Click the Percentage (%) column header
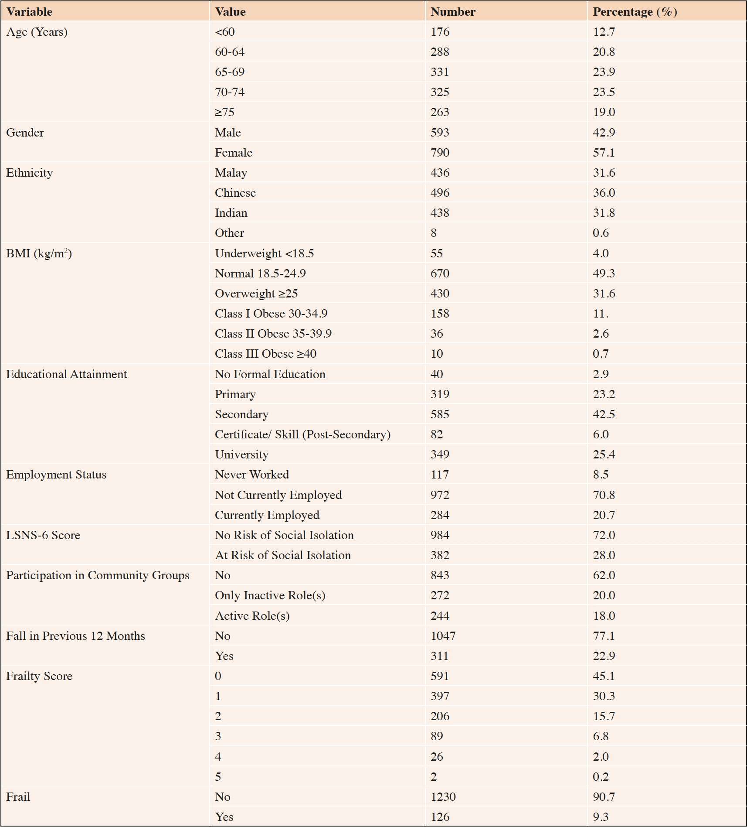tap(635, 12)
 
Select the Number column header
tap(453, 12)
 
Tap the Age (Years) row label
tap(37, 32)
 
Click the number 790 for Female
tap(440, 153)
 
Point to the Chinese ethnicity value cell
tap(235, 193)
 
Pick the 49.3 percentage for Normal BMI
tap(604, 273)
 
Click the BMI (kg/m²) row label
tap(39, 253)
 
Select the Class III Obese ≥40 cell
tap(265, 354)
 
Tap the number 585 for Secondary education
tap(440, 414)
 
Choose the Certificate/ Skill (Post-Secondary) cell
tap(302, 434)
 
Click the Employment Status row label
tap(56, 475)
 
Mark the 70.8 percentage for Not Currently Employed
tap(604, 495)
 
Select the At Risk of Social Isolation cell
tap(283, 555)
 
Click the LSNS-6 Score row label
tap(43, 535)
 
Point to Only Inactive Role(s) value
tap(270, 595)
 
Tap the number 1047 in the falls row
tap(443, 636)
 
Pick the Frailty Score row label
tap(39, 676)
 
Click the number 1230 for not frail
tap(443, 797)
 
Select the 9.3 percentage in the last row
tap(601, 817)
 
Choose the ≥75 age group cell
tap(224, 112)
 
